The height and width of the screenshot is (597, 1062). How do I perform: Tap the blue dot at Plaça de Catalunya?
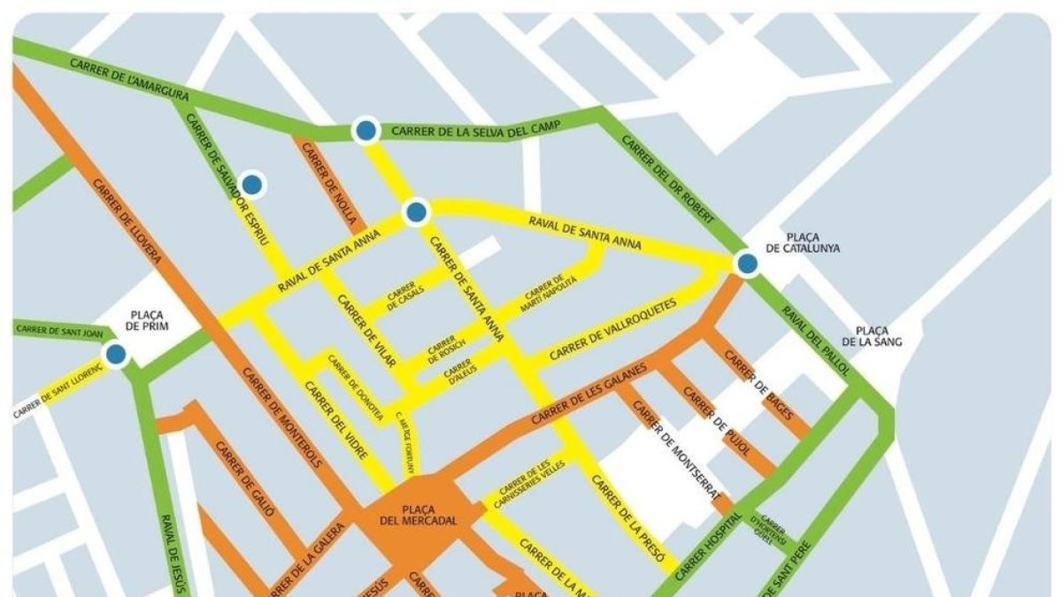point(747,263)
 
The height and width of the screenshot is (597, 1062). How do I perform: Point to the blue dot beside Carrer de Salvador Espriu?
point(252,184)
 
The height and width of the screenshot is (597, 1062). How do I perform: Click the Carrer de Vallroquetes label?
point(612,329)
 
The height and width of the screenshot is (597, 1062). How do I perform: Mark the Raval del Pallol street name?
point(814,338)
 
